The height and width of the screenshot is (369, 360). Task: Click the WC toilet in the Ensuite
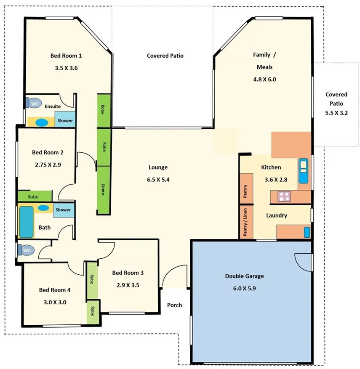[35, 102]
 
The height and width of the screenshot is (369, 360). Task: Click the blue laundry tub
[307, 232]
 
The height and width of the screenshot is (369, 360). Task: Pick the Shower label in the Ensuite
[65, 121]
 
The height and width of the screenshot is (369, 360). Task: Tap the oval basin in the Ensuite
[41, 122]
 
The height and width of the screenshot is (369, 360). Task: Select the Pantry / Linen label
[246, 222]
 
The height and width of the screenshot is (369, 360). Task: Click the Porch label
[174, 305]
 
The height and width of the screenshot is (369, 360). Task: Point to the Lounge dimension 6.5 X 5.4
[158, 179]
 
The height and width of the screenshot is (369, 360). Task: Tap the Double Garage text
[244, 276]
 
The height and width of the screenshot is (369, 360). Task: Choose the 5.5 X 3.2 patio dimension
[336, 113]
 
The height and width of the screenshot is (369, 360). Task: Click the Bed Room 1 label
[66, 56]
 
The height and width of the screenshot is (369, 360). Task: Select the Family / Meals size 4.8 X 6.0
[264, 79]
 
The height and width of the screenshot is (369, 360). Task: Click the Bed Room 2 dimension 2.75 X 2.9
[48, 165]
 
